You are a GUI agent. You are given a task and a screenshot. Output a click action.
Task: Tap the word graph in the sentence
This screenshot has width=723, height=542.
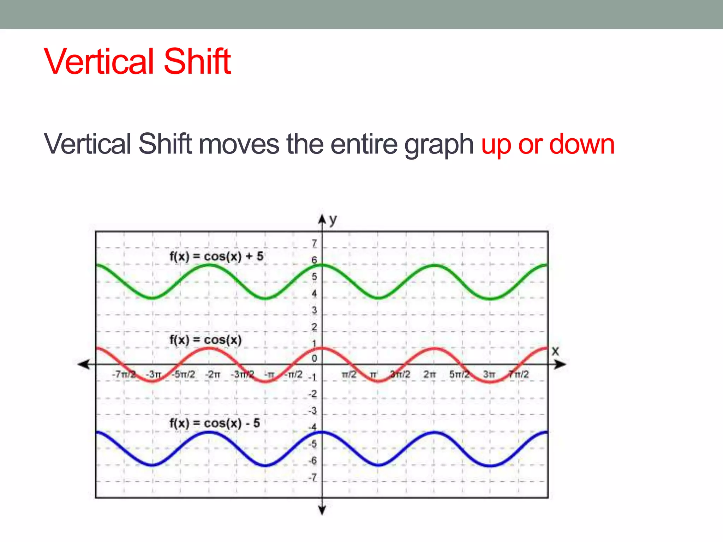439,145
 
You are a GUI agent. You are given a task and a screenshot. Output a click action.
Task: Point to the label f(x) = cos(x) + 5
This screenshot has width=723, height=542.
216,257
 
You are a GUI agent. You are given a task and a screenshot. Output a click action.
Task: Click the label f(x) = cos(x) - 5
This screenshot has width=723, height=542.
215,423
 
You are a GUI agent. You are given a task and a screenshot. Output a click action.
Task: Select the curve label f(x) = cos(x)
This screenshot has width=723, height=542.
205,340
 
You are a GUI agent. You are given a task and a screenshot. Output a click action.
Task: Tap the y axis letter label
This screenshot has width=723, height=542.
333,219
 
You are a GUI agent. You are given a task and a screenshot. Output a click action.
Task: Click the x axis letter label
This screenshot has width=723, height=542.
555,351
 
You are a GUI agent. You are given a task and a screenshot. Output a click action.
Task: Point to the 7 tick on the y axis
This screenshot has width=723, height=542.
314,243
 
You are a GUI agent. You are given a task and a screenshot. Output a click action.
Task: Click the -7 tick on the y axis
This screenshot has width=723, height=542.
313,478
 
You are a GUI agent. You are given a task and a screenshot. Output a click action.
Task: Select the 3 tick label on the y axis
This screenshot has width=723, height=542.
314,310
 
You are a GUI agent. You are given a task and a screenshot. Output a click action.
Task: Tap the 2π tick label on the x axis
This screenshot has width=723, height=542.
430,374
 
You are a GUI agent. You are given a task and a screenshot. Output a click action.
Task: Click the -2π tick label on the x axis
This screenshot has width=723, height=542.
213,374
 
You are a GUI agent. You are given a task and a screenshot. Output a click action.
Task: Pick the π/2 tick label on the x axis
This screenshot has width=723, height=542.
349,374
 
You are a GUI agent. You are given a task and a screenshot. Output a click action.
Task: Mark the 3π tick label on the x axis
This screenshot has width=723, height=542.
489,374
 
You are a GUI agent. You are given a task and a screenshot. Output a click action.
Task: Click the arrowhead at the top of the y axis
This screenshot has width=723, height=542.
322,219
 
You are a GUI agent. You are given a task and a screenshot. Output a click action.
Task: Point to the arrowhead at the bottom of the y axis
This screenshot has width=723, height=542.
322,510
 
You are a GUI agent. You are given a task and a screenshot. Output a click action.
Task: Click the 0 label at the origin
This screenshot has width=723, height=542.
314,359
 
